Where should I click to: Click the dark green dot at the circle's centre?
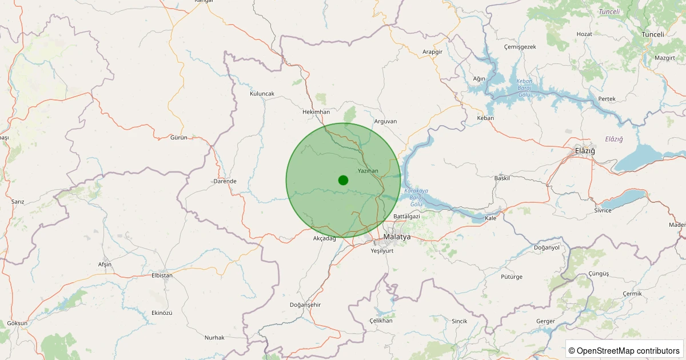tap(343, 180)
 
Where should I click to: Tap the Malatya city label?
tap(397, 237)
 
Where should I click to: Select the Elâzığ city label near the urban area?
tap(585, 151)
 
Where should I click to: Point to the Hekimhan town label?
tap(316, 112)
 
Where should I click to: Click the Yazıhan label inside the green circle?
tap(368, 171)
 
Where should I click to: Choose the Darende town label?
tap(225, 181)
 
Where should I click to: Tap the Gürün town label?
tap(179, 138)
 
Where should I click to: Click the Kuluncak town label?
tap(262, 93)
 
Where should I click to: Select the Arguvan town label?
tap(385, 121)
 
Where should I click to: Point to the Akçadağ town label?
tap(325, 238)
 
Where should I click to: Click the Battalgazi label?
tap(406, 217)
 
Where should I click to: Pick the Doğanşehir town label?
tap(306, 305)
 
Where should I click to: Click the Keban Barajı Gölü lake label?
tap(524, 87)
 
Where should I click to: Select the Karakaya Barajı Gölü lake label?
tap(416, 197)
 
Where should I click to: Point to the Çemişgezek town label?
tap(520, 47)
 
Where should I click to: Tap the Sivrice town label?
tap(603, 210)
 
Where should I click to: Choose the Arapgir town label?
tap(433, 51)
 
